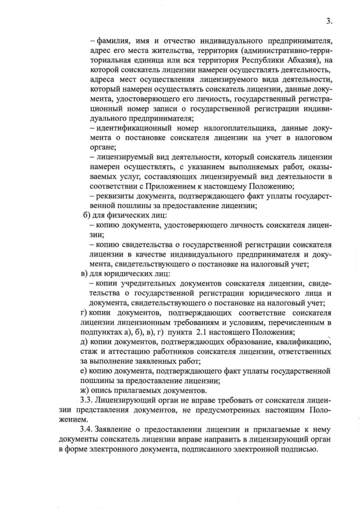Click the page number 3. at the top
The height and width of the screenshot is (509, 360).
pyautogui.click(x=330, y=21)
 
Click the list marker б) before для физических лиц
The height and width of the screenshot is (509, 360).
pyautogui.click(x=86, y=216)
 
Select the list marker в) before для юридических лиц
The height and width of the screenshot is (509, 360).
pyautogui.click(x=85, y=274)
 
